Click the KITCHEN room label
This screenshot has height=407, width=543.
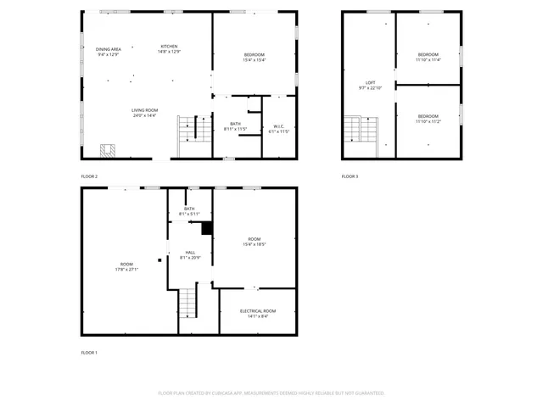(x=170, y=46)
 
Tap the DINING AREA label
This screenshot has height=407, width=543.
(x=108, y=49)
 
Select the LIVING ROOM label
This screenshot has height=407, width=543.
(x=144, y=110)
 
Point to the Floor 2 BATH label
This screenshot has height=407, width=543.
(x=235, y=124)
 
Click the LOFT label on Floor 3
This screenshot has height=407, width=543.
(x=370, y=82)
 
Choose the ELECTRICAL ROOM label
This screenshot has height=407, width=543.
(x=257, y=311)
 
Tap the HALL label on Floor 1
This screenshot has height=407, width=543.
(x=190, y=252)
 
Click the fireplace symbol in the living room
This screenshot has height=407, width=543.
(x=108, y=151)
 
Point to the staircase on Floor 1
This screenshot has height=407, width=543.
(x=188, y=304)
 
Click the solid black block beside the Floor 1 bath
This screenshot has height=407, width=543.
(x=206, y=227)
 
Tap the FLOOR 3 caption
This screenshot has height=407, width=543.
(x=350, y=176)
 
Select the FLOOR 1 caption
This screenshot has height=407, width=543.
(x=89, y=352)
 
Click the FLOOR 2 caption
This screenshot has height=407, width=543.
(x=89, y=176)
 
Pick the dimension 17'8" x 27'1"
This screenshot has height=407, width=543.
(x=126, y=270)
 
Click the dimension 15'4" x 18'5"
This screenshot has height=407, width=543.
(x=255, y=244)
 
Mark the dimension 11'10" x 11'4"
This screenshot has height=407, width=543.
(x=428, y=60)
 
